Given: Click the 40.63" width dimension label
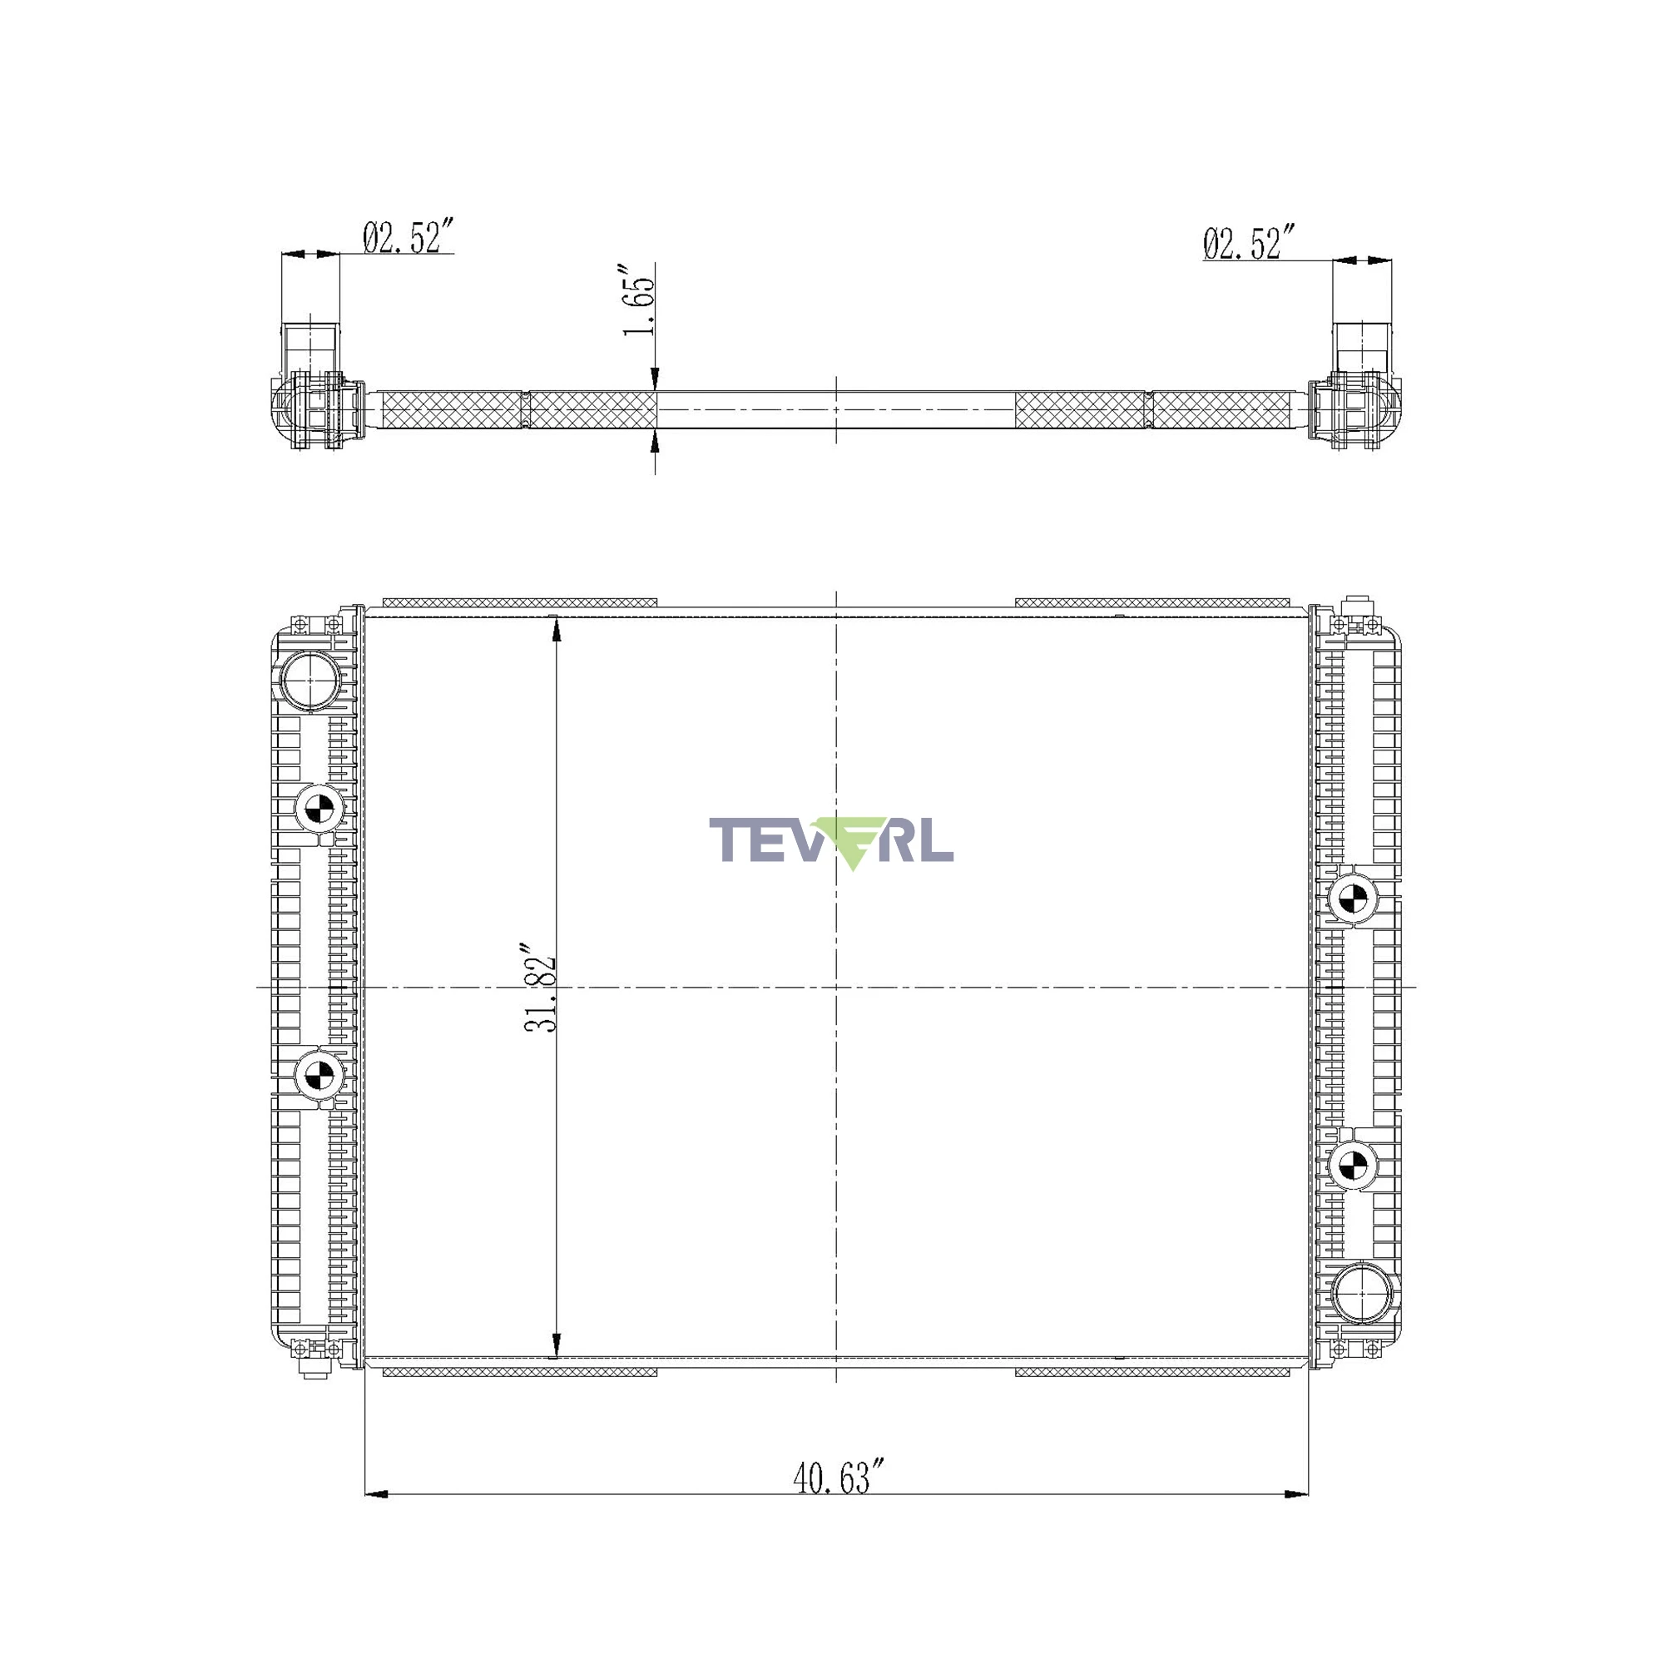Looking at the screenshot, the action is pos(839,1478).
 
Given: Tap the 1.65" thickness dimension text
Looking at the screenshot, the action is pos(639,305).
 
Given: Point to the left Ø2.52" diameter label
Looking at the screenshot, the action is pos(408,237).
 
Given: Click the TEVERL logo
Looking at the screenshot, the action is pos(831,842).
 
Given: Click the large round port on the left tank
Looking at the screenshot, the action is pos(310,681).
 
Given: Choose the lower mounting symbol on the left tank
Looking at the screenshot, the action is pos(319,1073).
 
